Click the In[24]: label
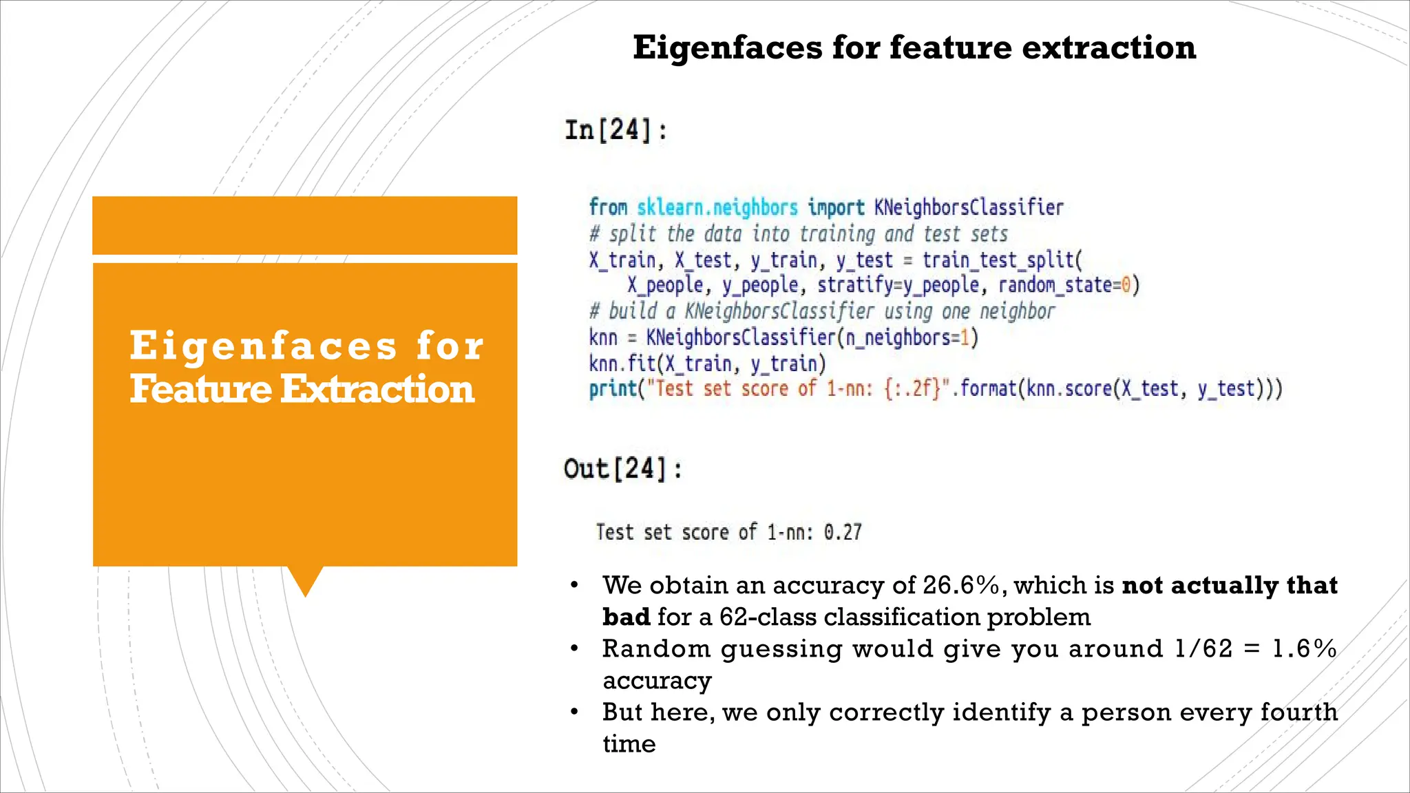tap(615, 130)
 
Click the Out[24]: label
tap(622, 469)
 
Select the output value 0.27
tap(843, 532)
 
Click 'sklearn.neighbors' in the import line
tap(717, 207)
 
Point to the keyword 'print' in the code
tap(612, 390)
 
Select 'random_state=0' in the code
tap(1064, 285)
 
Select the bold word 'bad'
tap(625, 617)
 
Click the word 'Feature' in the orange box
tap(201, 390)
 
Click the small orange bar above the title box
tap(304, 225)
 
